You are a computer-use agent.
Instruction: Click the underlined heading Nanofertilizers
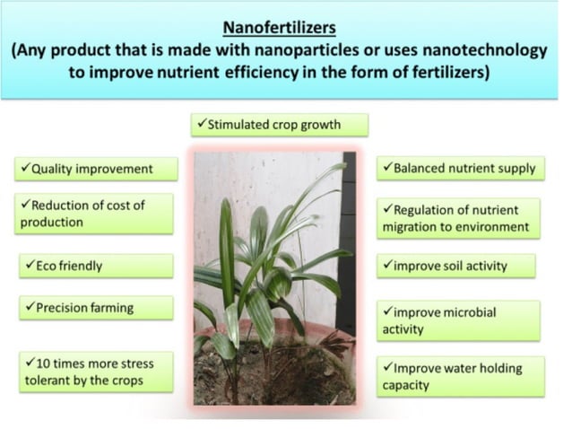coord(285,27)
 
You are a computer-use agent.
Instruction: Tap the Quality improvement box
coord(95,169)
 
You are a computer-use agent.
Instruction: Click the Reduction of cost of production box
coord(94,214)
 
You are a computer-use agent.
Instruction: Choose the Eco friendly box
coord(95,266)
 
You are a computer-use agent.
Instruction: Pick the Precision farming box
coord(95,308)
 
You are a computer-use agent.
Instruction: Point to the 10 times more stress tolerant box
coord(95,372)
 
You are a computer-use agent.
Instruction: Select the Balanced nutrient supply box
coord(459,168)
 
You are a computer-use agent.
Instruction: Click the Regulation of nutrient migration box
coord(459,218)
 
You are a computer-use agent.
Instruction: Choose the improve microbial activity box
coord(459,320)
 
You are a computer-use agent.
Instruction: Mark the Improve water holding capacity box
coord(459,376)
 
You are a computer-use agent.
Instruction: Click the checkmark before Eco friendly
coord(25,266)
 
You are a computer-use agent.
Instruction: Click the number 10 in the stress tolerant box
coord(39,363)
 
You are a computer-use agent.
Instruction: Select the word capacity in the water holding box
coord(406,385)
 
